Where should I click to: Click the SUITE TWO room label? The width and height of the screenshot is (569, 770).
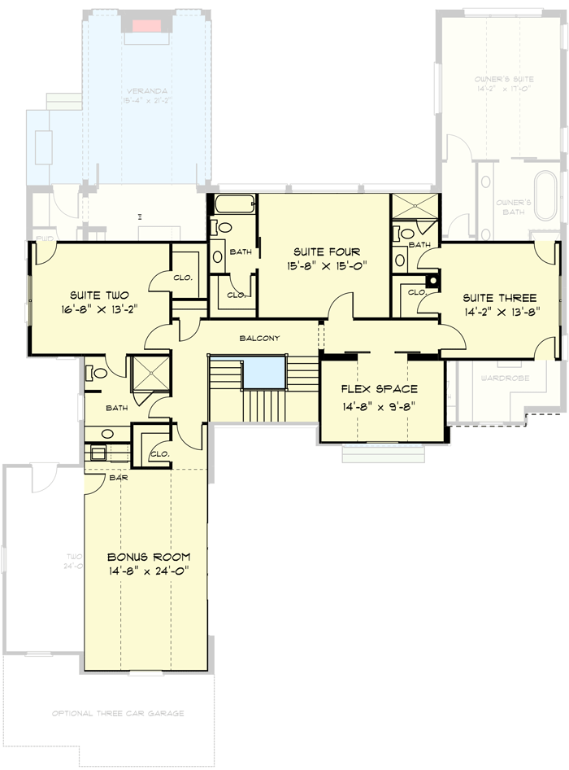pyautogui.click(x=99, y=295)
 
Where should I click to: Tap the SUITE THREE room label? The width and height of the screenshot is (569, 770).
pyautogui.click(x=499, y=297)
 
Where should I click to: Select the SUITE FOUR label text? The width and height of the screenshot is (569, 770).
pyautogui.click(x=323, y=252)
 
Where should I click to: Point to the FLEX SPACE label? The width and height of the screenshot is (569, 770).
pyautogui.click(x=380, y=389)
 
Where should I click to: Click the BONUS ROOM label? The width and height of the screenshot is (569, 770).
pyautogui.click(x=149, y=557)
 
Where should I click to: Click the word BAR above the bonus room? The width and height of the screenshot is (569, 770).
pyautogui.click(x=118, y=478)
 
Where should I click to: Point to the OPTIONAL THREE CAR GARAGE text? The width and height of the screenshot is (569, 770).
pyautogui.click(x=118, y=713)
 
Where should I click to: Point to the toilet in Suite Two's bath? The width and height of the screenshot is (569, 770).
pyautogui.click(x=98, y=374)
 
